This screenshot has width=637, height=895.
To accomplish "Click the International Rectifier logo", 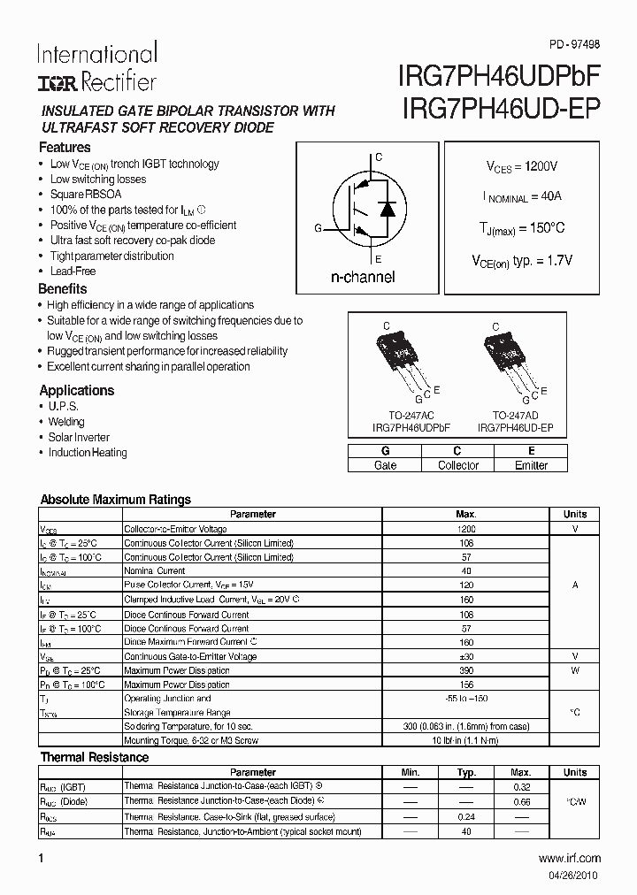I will point(96,67).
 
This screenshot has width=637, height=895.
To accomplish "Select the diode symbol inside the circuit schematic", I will point(386,209).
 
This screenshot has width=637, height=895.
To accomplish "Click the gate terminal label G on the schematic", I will point(318,228).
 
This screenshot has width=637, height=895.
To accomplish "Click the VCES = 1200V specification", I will point(521,166).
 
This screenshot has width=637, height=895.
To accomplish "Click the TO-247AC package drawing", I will point(399,358).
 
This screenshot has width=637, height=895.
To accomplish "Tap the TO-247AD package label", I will point(515,414).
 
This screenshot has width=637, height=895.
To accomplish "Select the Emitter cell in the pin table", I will point(531,465).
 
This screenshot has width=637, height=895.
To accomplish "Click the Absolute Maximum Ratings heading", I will point(116,500).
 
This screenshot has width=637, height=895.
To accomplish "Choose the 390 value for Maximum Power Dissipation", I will point(466,671).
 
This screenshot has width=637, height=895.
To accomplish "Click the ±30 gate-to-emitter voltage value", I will point(466,657).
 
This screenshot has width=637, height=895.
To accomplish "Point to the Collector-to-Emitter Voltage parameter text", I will point(175,529).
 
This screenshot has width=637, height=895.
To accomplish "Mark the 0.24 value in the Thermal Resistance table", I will point(466,817).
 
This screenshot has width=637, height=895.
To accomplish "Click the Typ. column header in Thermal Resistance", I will point(466,772).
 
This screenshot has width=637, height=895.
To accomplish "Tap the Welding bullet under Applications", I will point(66,422).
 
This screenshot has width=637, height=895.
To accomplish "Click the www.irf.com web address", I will point(569,858).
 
